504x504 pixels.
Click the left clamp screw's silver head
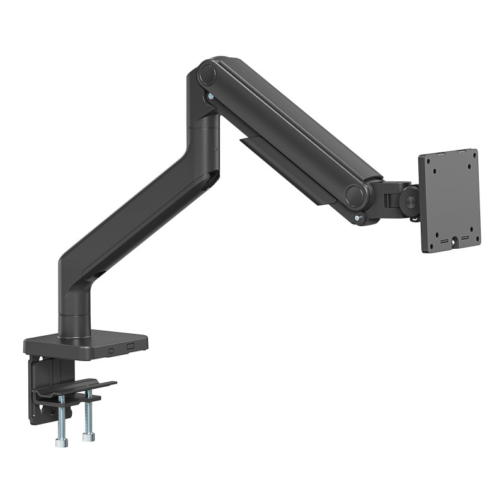click(x=60, y=443)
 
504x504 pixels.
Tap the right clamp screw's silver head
click(x=88, y=436)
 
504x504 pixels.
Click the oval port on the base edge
click(x=112, y=350)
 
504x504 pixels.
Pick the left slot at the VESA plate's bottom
click(x=443, y=242)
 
